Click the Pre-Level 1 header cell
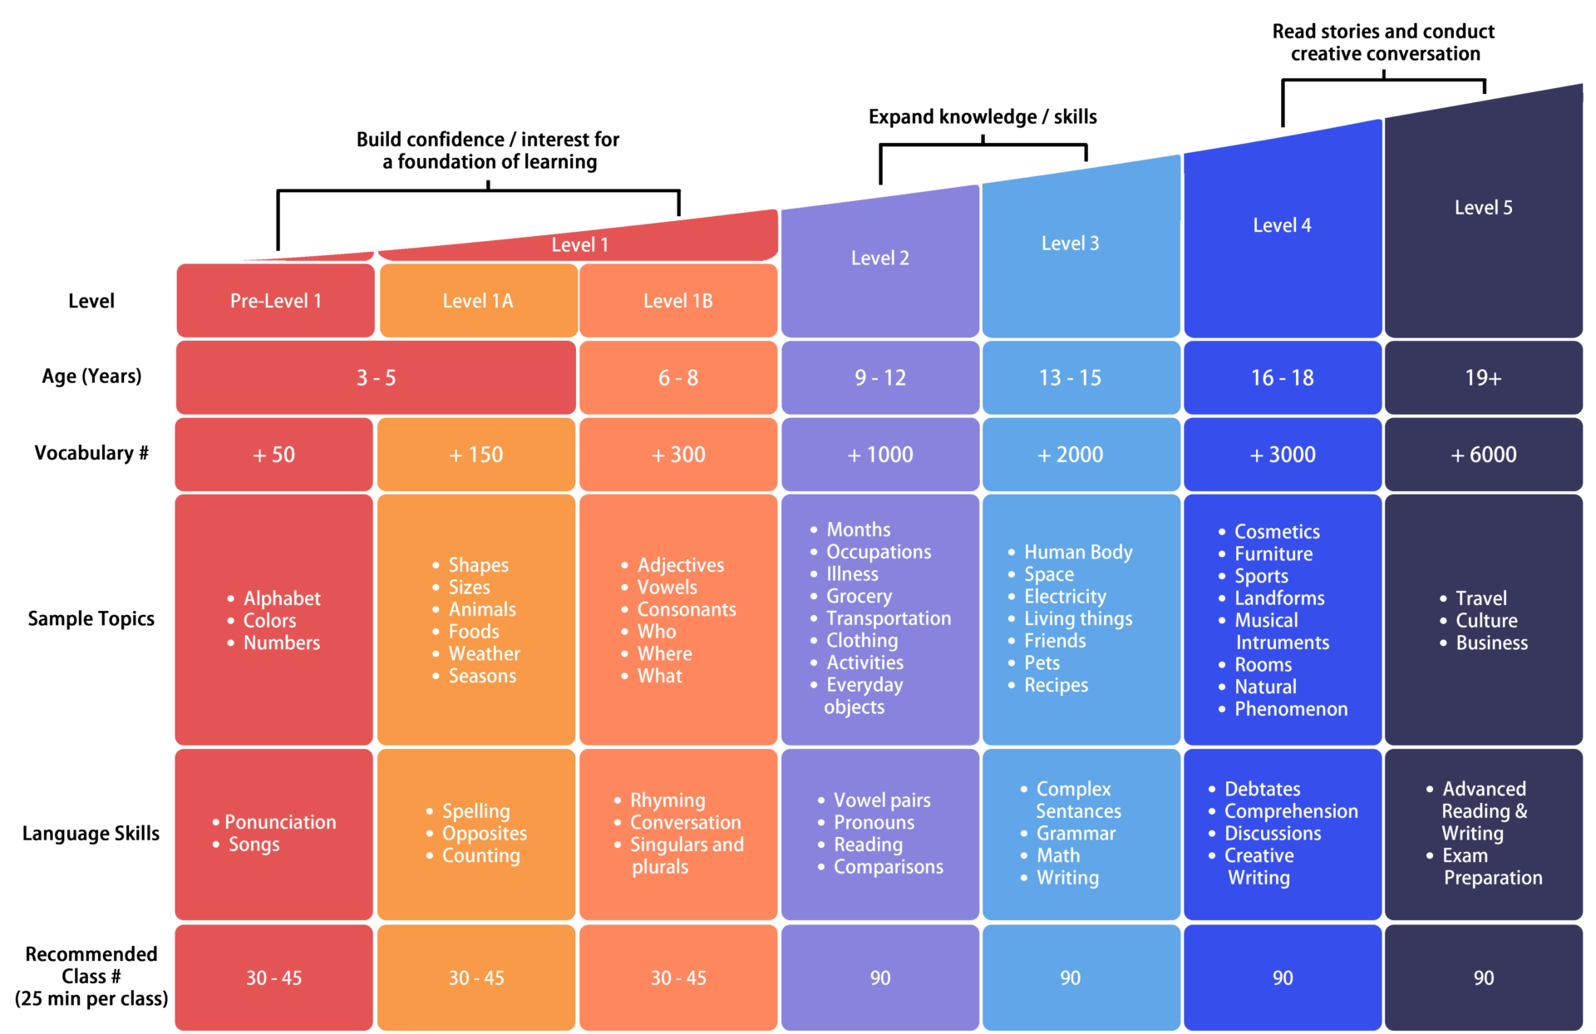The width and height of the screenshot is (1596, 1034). pyautogui.click(x=275, y=301)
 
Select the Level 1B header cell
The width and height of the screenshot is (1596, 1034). pyautogui.click(x=677, y=301)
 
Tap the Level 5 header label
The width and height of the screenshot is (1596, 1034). pyautogui.click(x=1483, y=208)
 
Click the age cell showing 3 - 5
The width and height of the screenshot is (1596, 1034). pyautogui.click(x=376, y=378)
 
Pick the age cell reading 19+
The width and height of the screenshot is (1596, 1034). pyautogui.click(x=1483, y=378)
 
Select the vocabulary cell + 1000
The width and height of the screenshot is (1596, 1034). pyautogui.click(x=879, y=455)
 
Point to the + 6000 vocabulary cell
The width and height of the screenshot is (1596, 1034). pyautogui.click(x=1483, y=455)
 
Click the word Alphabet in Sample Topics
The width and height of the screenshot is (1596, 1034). pyautogui.click(x=281, y=598)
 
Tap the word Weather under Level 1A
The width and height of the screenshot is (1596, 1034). pyautogui.click(x=484, y=654)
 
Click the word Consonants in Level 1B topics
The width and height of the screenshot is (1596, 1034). pyautogui.click(x=686, y=609)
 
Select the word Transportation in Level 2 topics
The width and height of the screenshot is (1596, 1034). pyautogui.click(x=888, y=618)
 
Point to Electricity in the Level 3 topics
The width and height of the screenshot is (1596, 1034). pyautogui.click(x=1065, y=597)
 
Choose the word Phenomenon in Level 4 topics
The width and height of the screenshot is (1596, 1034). pyautogui.click(x=1290, y=709)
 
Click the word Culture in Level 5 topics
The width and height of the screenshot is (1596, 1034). pyautogui.click(x=1486, y=621)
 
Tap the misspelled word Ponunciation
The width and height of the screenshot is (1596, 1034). pyautogui.click(x=279, y=822)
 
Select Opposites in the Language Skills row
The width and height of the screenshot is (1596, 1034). pyautogui.click(x=484, y=834)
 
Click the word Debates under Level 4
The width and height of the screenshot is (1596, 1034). pyautogui.click(x=1262, y=789)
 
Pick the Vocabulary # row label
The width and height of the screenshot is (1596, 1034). pyautogui.click(x=91, y=453)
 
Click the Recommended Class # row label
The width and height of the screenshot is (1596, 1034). pyautogui.click(x=91, y=976)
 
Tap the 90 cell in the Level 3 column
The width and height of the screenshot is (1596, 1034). pyautogui.click(x=1070, y=978)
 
